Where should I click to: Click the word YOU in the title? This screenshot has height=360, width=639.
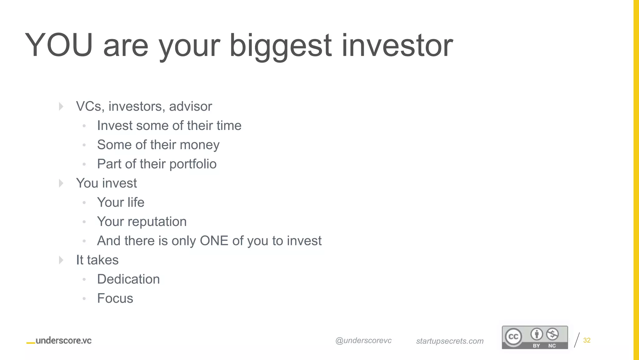point(59,45)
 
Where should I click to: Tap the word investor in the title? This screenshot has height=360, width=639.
point(397,45)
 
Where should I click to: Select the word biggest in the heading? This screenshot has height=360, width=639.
point(280,47)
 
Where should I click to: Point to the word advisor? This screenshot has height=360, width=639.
point(190,107)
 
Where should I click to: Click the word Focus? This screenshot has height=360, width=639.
point(115,298)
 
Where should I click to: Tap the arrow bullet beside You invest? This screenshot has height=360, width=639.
point(61,183)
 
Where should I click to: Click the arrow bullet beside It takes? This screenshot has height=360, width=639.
point(61,260)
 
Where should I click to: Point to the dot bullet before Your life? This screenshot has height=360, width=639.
point(84,203)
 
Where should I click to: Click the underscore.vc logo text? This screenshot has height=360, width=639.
point(63,341)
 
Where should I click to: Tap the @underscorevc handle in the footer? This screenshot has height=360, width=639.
point(363,341)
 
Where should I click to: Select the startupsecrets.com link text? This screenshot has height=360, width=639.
point(450,341)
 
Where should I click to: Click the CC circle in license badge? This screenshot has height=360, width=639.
point(513,337)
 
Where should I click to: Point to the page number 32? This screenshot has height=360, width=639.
point(587,340)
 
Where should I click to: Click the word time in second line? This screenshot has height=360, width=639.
point(229,126)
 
